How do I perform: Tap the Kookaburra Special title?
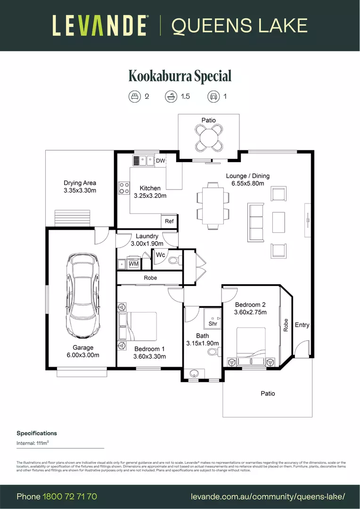pos(180,76)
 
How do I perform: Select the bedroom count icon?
pos(135,97)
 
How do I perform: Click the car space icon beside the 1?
pos(213,97)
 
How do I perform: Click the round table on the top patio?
pos(209,139)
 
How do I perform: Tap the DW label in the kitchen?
pos(160,161)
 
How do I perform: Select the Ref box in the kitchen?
pos(169,221)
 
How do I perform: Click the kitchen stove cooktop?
pos(124,188)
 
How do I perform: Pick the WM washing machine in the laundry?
pos(133,264)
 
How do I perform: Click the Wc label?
pos(160,255)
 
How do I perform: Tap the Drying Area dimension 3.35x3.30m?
pos(80,190)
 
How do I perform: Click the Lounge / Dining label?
pos(247,176)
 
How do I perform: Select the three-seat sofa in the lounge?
pos(256,222)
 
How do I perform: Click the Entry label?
pos(302,325)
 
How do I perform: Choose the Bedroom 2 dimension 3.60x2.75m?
pos(251,312)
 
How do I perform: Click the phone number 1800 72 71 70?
pos(70,497)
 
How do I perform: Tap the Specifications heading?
pos(37,433)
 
